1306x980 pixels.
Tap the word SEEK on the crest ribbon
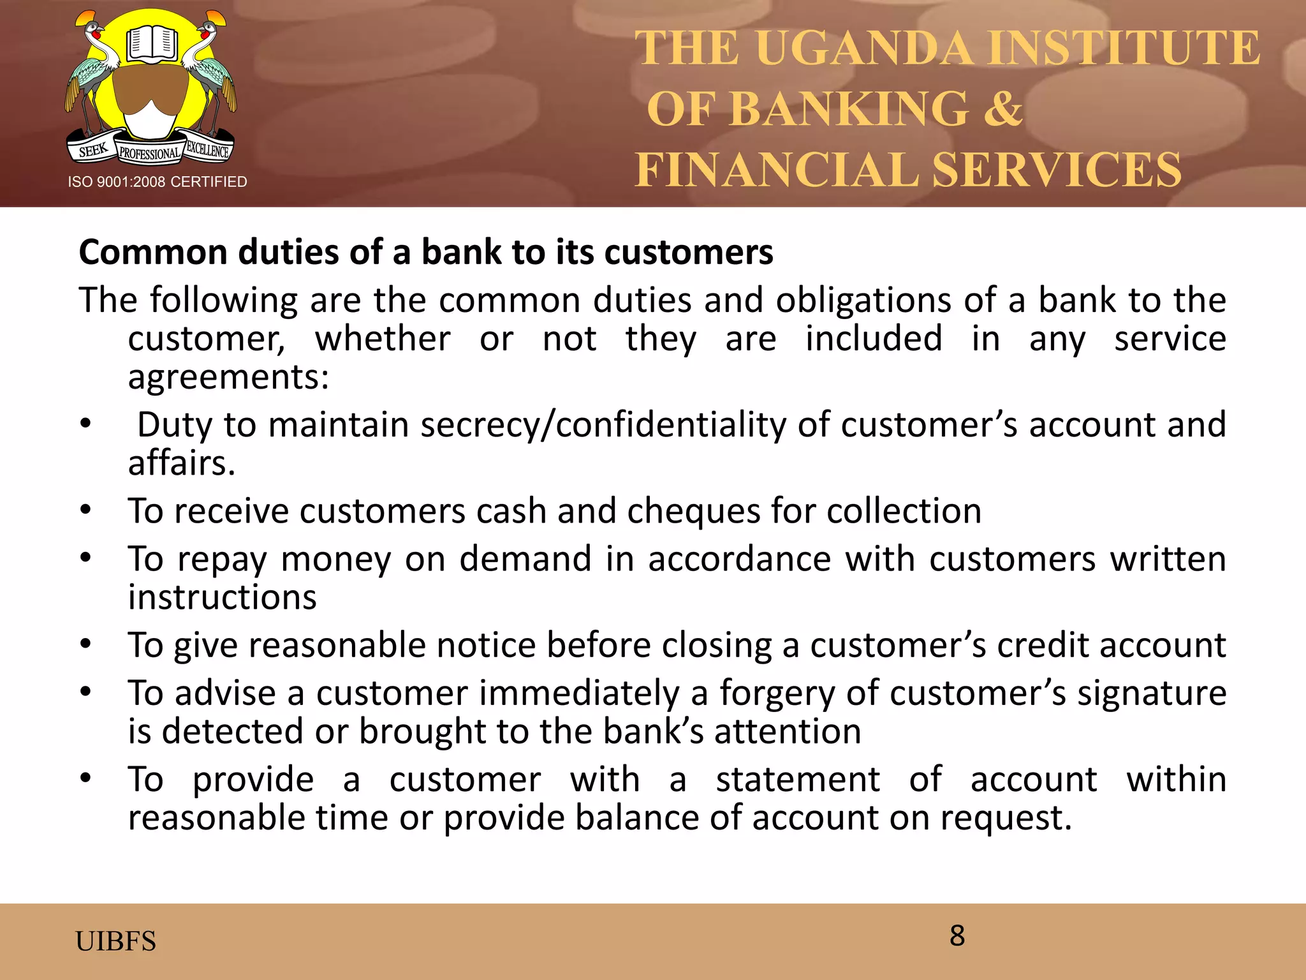[x=92, y=151]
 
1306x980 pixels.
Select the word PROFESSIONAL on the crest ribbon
[x=150, y=154]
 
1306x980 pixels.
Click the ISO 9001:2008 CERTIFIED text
[x=158, y=182]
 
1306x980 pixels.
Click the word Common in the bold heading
[x=152, y=252]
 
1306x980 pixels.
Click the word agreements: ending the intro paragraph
[x=228, y=377]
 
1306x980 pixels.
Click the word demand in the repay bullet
[x=525, y=559]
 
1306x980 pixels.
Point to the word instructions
[x=222, y=598]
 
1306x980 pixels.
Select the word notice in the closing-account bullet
[x=485, y=645]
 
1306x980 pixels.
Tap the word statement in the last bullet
[x=798, y=780]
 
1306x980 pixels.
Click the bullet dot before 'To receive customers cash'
[x=86, y=510]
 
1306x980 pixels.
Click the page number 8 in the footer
[x=957, y=936]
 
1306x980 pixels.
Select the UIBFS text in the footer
[x=115, y=941]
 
